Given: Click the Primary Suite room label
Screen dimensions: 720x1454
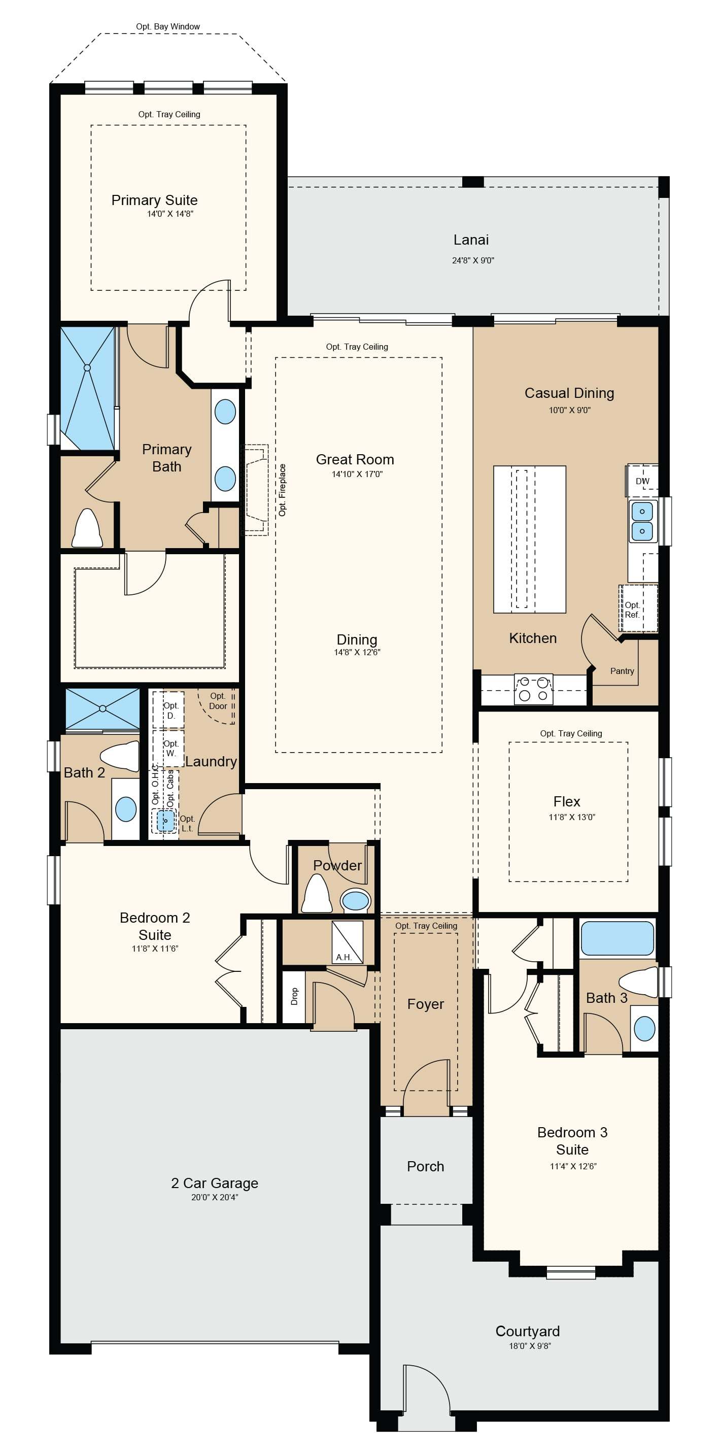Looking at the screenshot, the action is click(154, 200).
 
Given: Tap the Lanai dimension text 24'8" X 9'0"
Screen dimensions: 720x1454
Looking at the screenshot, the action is click(473, 260).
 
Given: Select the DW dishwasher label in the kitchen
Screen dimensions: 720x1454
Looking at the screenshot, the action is click(643, 482).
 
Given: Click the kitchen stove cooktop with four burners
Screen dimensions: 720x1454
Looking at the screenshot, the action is click(533, 689).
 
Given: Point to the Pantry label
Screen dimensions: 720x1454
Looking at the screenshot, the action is click(622, 671).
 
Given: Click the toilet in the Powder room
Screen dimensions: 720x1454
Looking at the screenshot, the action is click(317, 894).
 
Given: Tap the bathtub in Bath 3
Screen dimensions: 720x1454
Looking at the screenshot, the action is click(618, 938).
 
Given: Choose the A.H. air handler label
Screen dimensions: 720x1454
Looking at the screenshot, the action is click(344, 957).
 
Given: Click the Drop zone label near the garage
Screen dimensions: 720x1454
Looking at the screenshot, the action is click(294, 996).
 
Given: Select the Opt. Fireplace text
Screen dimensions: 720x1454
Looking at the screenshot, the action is click(282, 490).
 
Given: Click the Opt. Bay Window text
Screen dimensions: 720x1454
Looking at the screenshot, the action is click(167, 26).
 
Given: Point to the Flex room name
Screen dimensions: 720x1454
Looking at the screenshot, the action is click(567, 801).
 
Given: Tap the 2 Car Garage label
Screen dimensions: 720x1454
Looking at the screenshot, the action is click(215, 1183).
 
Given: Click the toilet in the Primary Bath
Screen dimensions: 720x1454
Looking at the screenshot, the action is click(87, 528).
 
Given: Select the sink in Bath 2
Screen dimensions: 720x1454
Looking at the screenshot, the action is click(126, 809).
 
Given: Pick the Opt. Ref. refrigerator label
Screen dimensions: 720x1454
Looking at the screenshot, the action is click(632, 610).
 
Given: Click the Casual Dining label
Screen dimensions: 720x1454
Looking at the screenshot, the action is click(569, 393).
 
